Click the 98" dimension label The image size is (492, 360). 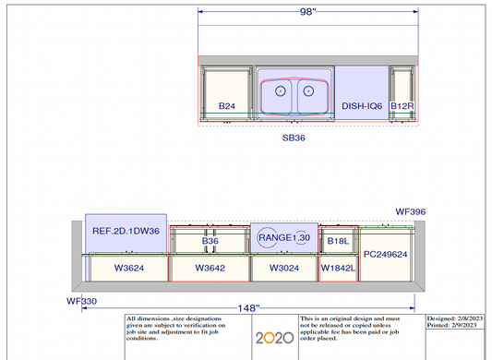[x=307, y=12]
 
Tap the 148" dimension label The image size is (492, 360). [x=248, y=308]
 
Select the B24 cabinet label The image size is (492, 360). [x=227, y=106]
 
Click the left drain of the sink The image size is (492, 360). [x=281, y=91]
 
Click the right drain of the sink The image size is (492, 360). [x=308, y=91]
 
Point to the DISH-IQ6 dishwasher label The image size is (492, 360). [x=362, y=106]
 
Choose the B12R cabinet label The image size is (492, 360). [x=402, y=106]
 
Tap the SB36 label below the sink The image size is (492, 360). [x=294, y=138]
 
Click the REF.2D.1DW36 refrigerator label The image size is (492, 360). [x=126, y=231]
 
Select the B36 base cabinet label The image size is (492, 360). [x=210, y=241]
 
